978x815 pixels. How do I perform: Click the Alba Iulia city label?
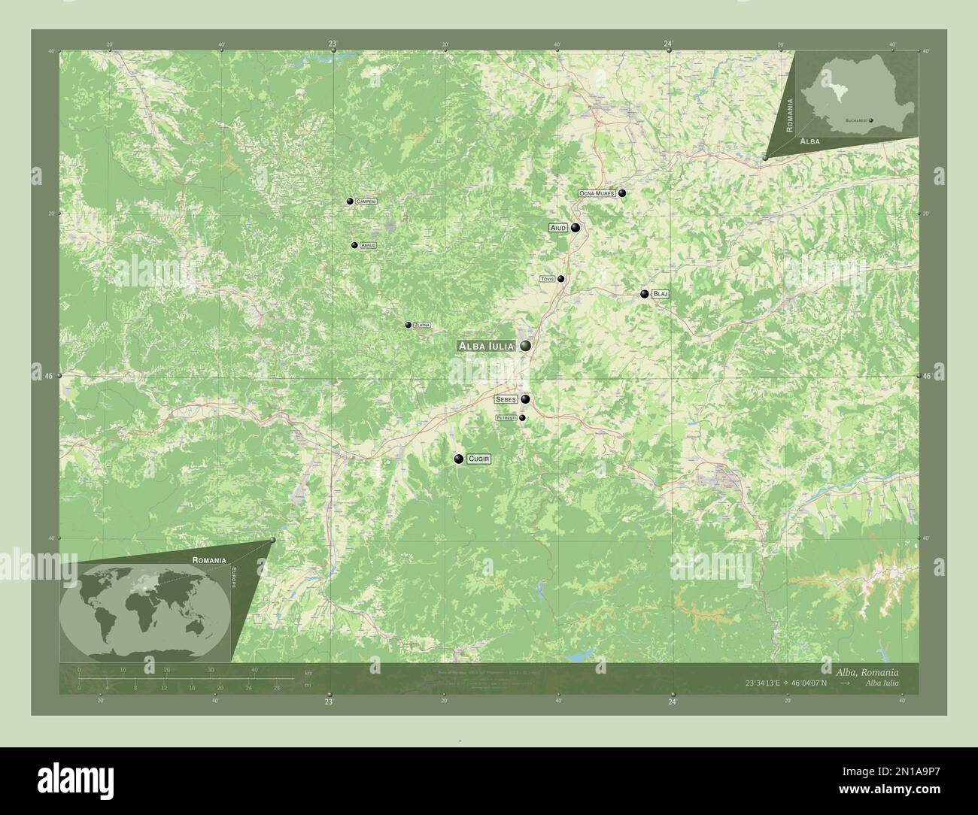(x=486, y=346)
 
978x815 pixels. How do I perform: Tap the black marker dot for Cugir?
(x=458, y=459)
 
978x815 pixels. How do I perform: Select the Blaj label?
(x=660, y=294)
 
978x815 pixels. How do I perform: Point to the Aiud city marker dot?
(x=576, y=227)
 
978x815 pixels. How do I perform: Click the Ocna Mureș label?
(x=597, y=193)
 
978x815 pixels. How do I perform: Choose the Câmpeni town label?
(x=366, y=201)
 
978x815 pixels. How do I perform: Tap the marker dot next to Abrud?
(x=354, y=245)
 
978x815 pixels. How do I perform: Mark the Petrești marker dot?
(x=522, y=418)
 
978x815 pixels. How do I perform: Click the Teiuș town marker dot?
(x=560, y=279)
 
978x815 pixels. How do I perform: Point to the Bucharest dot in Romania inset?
(x=870, y=120)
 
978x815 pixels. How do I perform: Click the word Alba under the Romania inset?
(x=810, y=141)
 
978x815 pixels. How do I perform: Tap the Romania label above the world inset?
(x=208, y=560)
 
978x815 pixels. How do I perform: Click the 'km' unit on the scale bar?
(x=308, y=672)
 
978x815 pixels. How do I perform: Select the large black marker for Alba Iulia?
(x=524, y=346)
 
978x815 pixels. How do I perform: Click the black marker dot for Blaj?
(x=645, y=294)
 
